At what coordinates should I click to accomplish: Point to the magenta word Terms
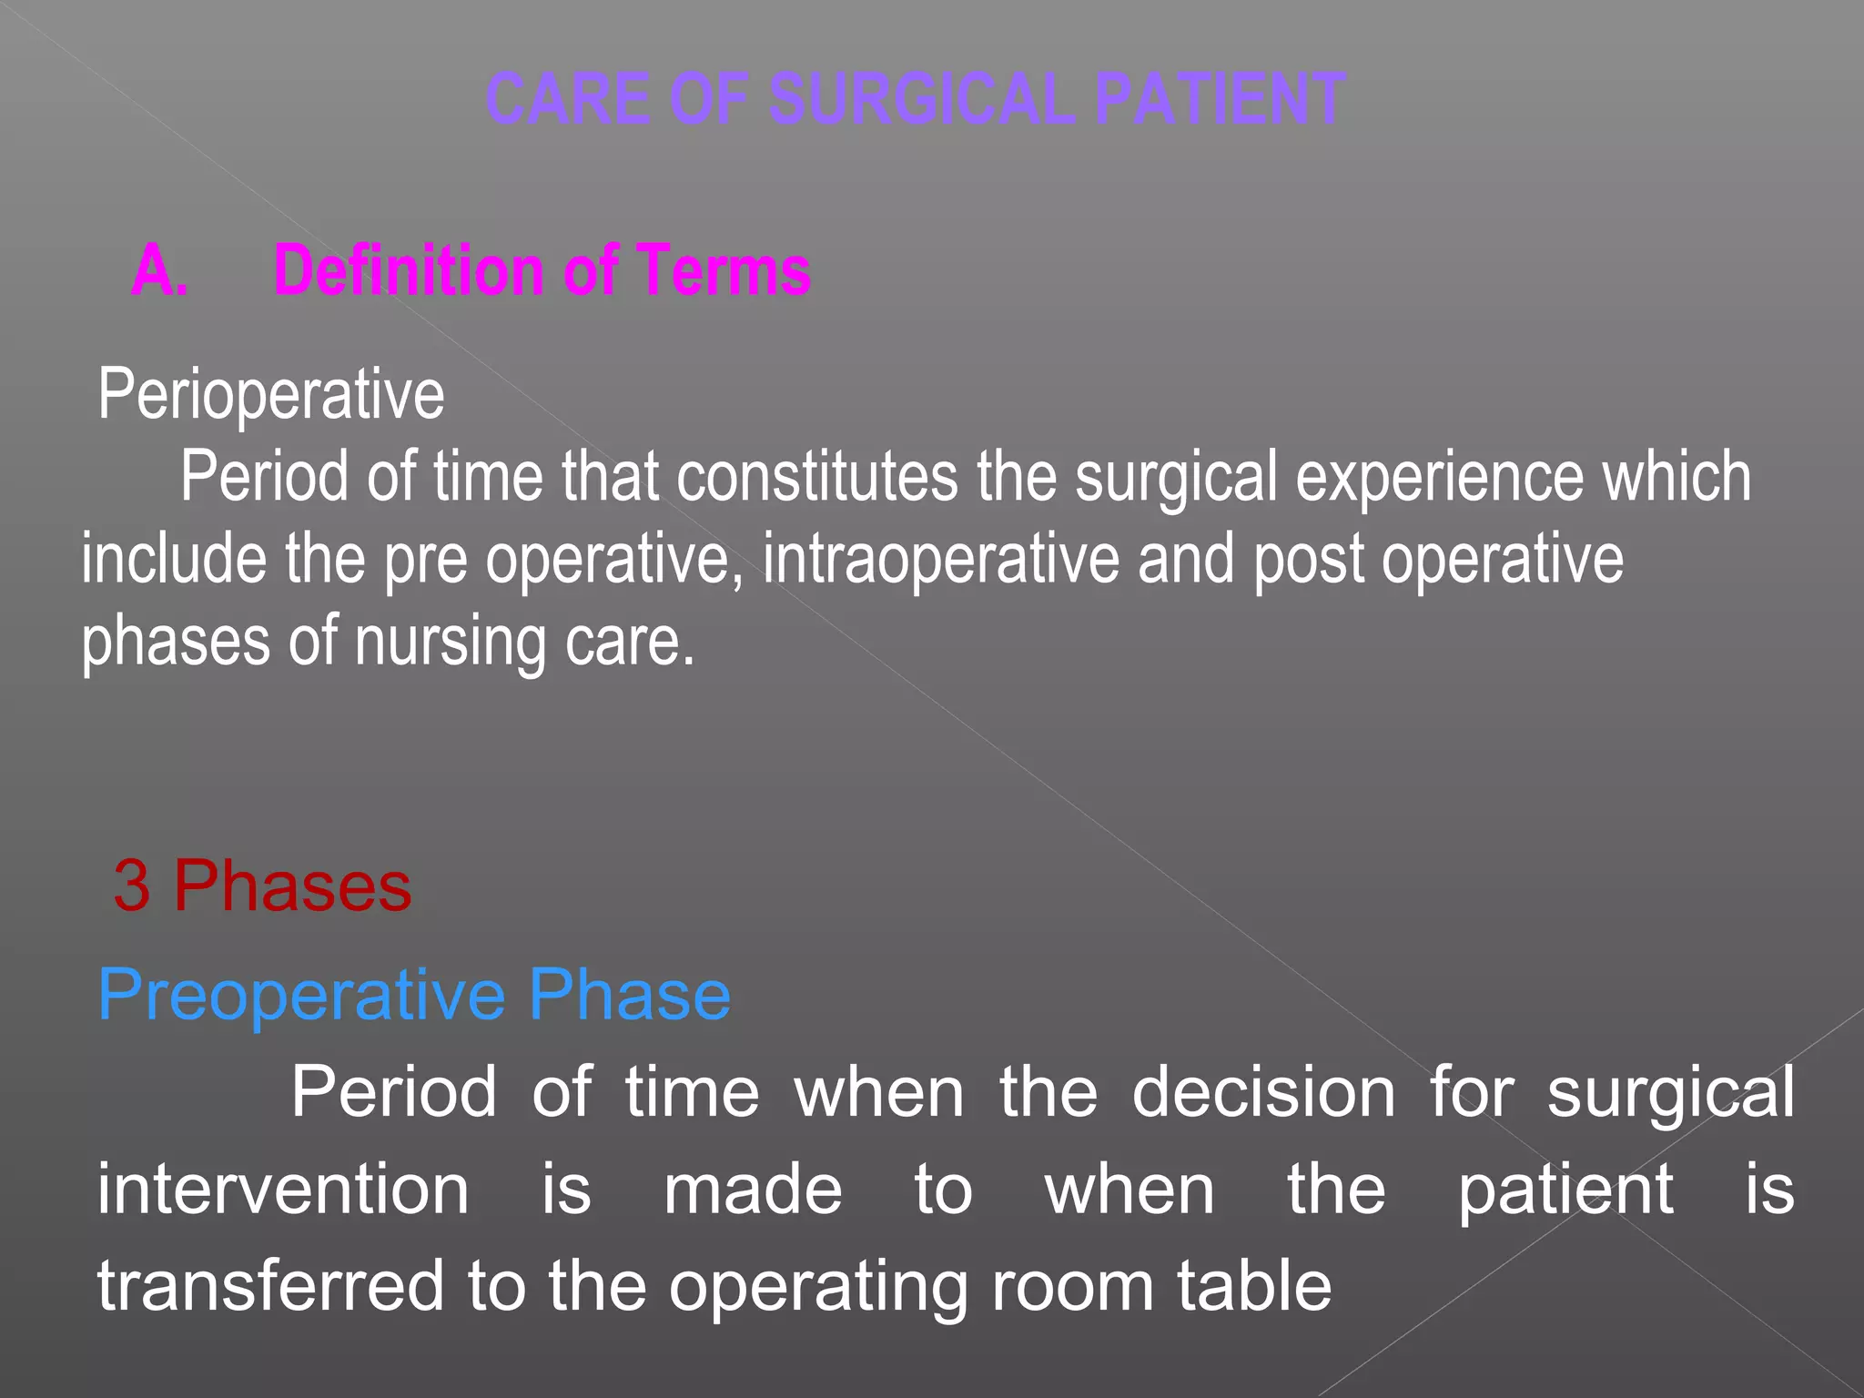click(724, 270)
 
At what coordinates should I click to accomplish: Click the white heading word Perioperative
click(271, 395)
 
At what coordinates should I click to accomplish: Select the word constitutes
click(816, 476)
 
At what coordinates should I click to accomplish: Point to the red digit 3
click(132, 886)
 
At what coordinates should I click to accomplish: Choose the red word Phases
click(292, 886)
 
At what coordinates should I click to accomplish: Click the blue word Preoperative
click(301, 995)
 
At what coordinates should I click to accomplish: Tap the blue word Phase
click(630, 995)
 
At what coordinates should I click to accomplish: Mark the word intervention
click(283, 1189)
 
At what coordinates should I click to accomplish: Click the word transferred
click(270, 1285)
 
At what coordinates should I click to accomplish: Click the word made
click(753, 1189)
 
